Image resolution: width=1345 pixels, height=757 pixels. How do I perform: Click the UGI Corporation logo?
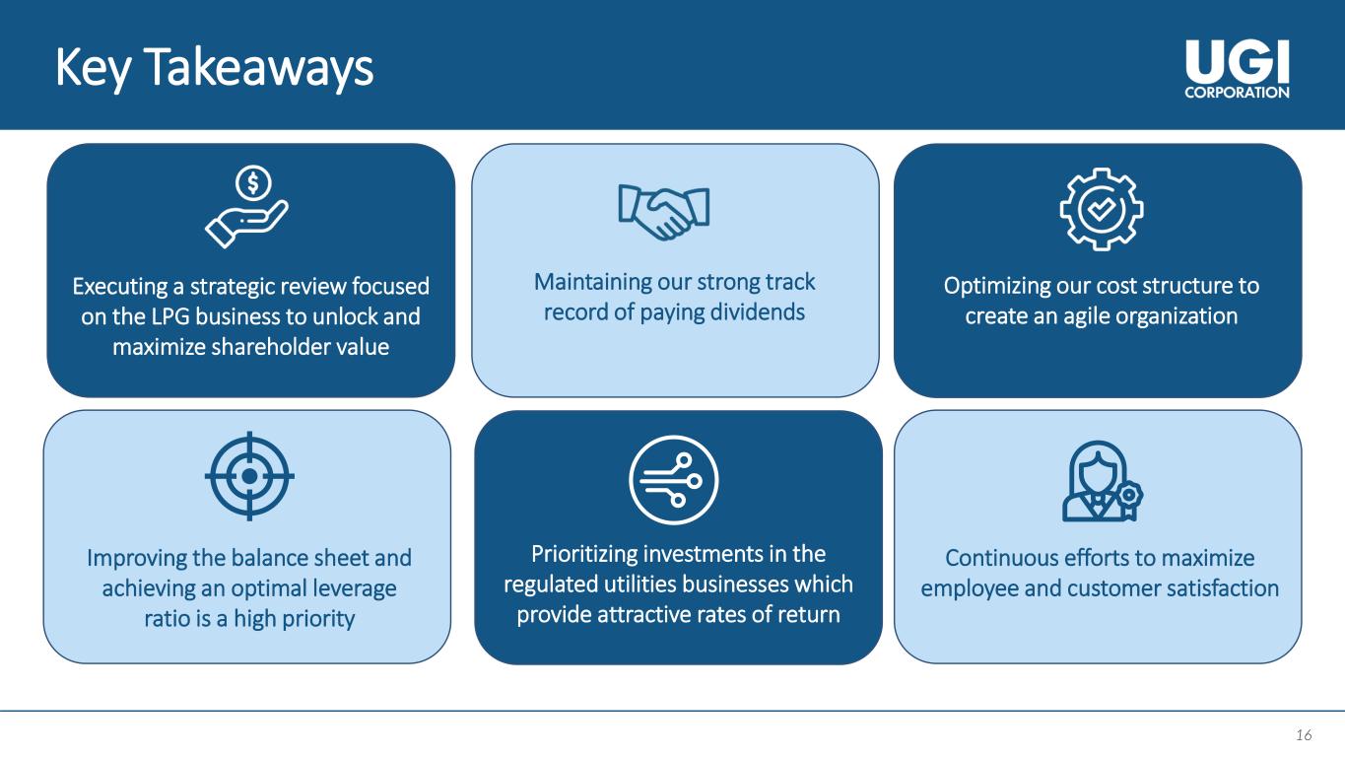[1237, 70]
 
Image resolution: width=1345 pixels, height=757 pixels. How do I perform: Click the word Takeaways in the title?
[258, 68]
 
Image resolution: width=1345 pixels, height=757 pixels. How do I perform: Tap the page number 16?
[1304, 734]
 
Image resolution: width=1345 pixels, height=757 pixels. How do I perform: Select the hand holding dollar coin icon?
[246, 207]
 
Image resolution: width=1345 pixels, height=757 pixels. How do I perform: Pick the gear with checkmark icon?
[1102, 209]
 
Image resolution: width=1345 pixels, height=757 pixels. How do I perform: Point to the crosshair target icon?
[250, 476]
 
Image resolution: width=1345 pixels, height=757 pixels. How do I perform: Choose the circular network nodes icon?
[674, 480]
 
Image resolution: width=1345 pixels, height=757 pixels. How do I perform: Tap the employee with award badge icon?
[1103, 481]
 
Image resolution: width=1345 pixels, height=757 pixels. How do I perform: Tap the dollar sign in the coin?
[253, 182]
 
